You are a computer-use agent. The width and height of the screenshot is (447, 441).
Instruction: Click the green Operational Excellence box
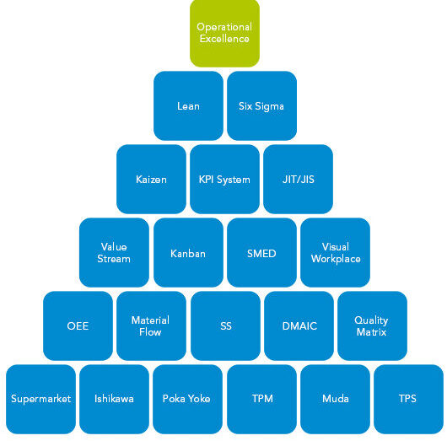[x=224, y=33]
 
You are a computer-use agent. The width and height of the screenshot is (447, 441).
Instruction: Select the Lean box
[x=188, y=105]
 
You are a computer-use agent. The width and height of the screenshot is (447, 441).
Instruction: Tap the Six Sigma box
[x=261, y=105]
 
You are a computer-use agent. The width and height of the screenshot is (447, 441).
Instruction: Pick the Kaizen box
[x=151, y=179]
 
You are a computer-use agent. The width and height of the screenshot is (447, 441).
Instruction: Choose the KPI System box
[x=224, y=179]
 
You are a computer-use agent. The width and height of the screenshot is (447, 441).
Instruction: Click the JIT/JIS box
[x=299, y=179]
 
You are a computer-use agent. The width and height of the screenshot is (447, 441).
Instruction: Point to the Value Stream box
[x=114, y=253]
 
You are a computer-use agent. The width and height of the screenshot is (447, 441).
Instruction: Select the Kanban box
[x=188, y=253]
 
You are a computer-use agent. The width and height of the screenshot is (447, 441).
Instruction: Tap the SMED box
[x=261, y=253]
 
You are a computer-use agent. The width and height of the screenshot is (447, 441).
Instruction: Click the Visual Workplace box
[x=336, y=253]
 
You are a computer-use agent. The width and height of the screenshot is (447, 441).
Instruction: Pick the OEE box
[x=78, y=325]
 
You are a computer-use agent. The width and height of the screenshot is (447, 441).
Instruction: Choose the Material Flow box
[x=151, y=325]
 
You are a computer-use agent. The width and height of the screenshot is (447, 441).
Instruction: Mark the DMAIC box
[x=299, y=325]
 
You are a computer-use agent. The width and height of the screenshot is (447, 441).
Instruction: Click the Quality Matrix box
[x=372, y=325]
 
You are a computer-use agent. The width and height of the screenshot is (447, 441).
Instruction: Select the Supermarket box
[x=40, y=399]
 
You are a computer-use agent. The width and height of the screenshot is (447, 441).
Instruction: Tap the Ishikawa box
[x=114, y=399]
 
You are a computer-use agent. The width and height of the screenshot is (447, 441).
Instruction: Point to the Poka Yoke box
[x=187, y=399]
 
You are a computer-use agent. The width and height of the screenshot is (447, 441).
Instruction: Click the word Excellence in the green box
[x=224, y=39]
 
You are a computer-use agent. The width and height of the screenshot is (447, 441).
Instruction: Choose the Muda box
[x=336, y=399]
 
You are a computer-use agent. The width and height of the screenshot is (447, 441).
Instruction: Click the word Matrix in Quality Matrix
[x=371, y=332]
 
